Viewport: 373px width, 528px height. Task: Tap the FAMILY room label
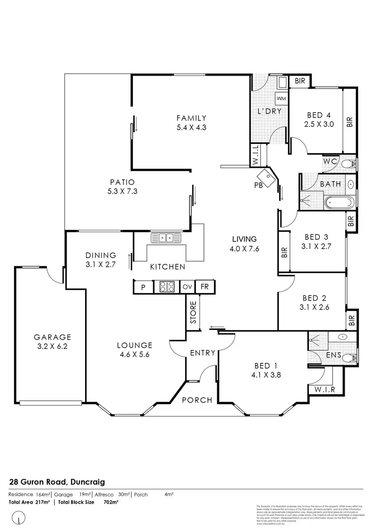click(x=191, y=118)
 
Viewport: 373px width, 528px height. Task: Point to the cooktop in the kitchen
click(x=166, y=287)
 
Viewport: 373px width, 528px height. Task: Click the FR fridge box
click(x=204, y=287)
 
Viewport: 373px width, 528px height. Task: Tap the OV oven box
click(x=187, y=287)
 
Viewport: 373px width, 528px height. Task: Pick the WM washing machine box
click(x=280, y=99)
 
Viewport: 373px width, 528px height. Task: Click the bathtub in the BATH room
click(x=339, y=203)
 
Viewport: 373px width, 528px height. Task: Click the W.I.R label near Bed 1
click(x=321, y=390)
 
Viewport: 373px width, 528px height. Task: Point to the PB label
click(x=257, y=185)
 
